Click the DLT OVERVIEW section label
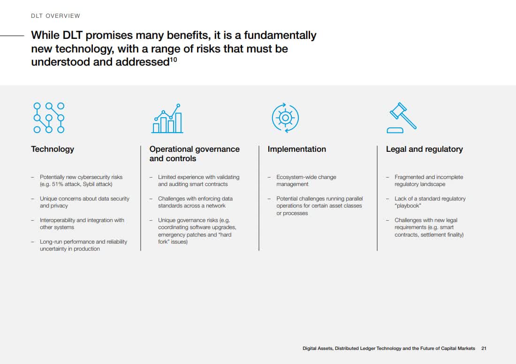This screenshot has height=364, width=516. pyautogui.click(x=56, y=16)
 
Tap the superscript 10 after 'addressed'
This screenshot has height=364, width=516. pyautogui.click(x=174, y=59)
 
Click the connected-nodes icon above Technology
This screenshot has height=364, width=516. pyautogui.click(x=49, y=118)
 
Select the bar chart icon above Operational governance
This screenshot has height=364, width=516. pyautogui.click(x=167, y=118)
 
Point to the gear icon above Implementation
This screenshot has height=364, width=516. pyautogui.click(x=285, y=118)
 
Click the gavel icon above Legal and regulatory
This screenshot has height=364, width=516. pyautogui.click(x=402, y=118)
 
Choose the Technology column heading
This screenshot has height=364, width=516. pyautogui.click(x=53, y=149)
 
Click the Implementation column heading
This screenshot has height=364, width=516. pyautogui.click(x=297, y=149)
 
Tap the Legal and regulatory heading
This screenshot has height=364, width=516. pyautogui.click(x=425, y=149)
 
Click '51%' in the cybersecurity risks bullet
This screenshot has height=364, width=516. pyautogui.click(x=58, y=184)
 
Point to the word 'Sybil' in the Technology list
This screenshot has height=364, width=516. pyautogui.click(x=89, y=184)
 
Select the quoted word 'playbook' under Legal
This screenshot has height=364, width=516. pyautogui.click(x=408, y=206)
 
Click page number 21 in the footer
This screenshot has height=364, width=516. pyautogui.click(x=484, y=348)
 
